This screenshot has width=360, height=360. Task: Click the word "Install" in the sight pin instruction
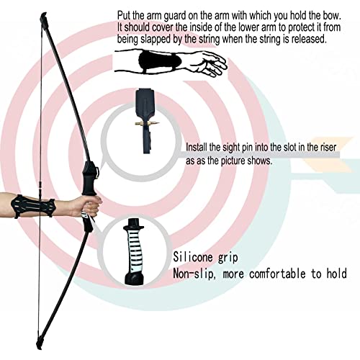pyautogui.click(x=199, y=147)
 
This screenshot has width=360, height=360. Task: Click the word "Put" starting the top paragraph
pyautogui.click(x=125, y=14)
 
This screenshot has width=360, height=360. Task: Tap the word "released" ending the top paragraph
pyautogui.click(x=307, y=40)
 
